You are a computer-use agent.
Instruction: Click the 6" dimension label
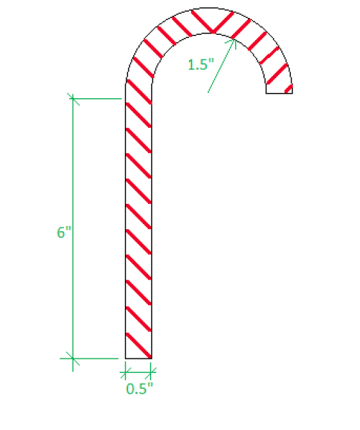tap(63, 232)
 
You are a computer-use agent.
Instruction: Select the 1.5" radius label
tap(200, 65)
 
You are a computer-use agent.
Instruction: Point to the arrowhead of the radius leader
tap(234, 39)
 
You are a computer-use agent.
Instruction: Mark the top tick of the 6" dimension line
tap(72, 97)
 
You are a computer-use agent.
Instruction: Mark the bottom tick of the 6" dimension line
tap(72, 358)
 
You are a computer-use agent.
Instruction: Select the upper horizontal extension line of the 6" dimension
tap(97, 97)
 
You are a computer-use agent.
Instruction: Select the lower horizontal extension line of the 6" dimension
tap(97, 358)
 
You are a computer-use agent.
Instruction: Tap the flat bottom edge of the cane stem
tap(138, 359)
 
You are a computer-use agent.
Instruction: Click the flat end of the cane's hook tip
tap(279, 94)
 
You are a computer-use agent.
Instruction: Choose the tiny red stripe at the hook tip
tap(288, 90)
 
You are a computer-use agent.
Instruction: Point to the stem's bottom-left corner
tap(125, 359)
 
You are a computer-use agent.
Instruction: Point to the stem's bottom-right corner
tap(152, 359)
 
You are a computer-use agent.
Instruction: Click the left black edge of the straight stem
tap(125, 223)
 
